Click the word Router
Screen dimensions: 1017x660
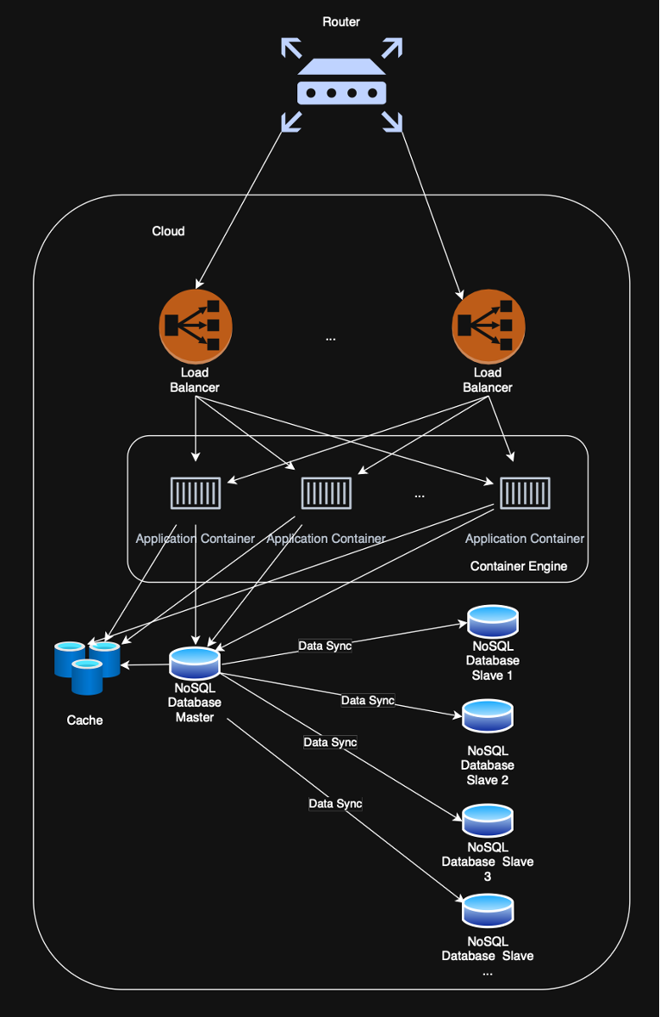(x=341, y=22)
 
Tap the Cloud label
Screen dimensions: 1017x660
(x=168, y=231)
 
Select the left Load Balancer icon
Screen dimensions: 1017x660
(x=195, y=326)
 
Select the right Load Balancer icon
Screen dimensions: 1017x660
(x=488, y=326)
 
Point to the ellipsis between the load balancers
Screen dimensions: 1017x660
(x=331, y=339)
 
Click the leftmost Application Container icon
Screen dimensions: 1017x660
(x=196, y=493)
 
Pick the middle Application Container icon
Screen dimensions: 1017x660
(x=326, y=493)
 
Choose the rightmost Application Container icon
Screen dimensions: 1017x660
(x=525, y=493)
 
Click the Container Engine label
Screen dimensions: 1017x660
(x=519, y=566)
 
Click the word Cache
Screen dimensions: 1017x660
(x=84, y=720)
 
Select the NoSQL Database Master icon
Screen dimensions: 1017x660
(x=195, y=662)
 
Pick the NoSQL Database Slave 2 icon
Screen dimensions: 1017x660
(x=488, y=715)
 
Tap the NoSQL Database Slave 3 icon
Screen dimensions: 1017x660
(x=488, y=820)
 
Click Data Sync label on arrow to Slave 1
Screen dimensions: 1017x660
(x=325, y=646)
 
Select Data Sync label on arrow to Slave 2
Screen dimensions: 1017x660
(x=368, y=701)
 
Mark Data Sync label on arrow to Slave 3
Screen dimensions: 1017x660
(x=330, y=742)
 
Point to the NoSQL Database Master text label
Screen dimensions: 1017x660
(x=195, y=702)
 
